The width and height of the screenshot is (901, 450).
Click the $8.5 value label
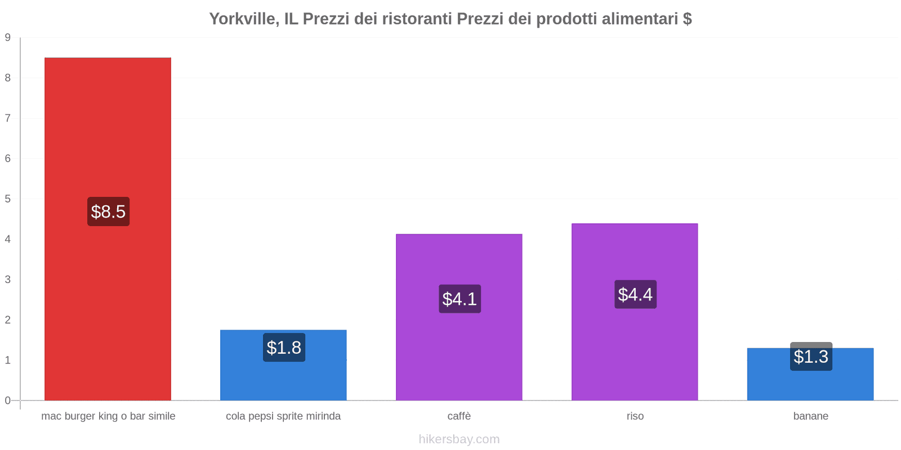(x=108, y=211)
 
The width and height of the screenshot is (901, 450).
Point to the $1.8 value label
(x=284, y=348)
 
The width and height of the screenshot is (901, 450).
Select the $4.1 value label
(x=460, y=299)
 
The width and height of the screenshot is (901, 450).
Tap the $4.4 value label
(x=635, y=294)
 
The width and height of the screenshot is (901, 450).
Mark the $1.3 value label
(x=811, y=357)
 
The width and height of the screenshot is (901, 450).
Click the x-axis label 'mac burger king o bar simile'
(x=108, y=416)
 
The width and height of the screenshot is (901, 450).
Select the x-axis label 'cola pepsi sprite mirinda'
(x=283, y=416)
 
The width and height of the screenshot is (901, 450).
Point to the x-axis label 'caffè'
(x=459, y=416)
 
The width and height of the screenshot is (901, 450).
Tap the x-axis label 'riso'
(x=635, y=416)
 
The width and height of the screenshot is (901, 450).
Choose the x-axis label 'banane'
(x=811, y=416)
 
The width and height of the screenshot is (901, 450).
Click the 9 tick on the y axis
(x=8, y=38)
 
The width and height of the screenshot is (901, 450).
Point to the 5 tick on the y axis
(x=8, y=199)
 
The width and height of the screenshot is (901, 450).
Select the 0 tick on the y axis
(x=8, y=400)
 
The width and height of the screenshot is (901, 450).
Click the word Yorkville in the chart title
(x=243, y=19)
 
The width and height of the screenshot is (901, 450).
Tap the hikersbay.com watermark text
(x=459, y=439)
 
